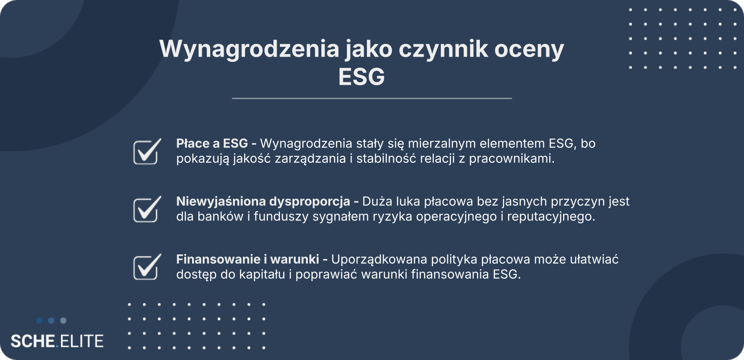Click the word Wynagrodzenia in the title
pos(250,49)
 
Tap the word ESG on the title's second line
pos(361,77)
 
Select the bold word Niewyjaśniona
pos(220,201)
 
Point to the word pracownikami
pos(512,159)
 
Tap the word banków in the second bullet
pos(220,217)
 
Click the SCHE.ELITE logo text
pos(57,341)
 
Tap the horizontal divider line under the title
pos(372,98)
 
